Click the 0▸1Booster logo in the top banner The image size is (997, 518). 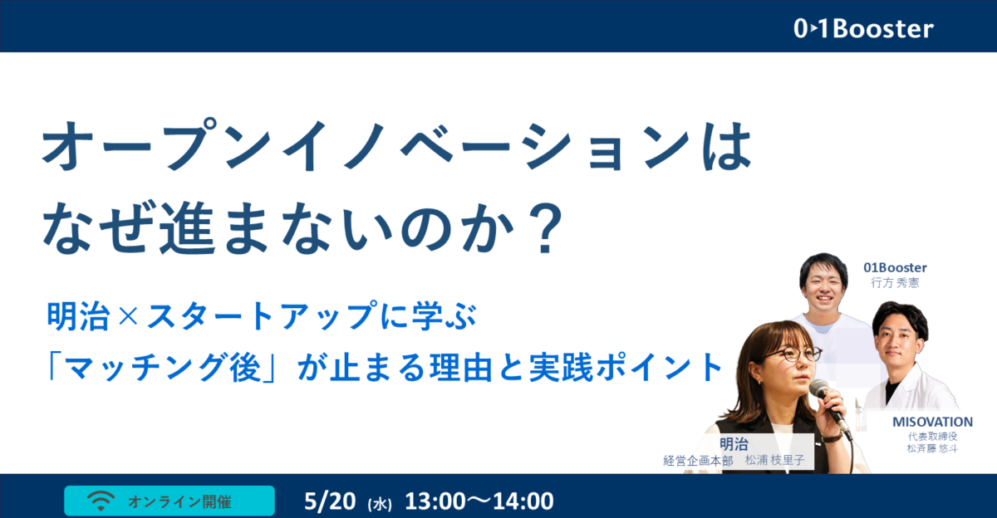pos(863,29)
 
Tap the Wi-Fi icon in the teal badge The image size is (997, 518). pos(101,501)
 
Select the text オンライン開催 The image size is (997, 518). pos(179,501)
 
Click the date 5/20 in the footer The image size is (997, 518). pos(330,501)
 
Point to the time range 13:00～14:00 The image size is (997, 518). pos(479,501)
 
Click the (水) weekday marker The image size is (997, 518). pos(380,505)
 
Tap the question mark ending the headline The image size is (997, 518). pos(545,227)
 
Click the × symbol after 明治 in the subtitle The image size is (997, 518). pos(129,316)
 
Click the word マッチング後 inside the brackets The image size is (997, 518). pos(163,368)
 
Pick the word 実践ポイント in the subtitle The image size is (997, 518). pos(626,367)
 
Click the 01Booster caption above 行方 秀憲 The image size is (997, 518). pos(895,267)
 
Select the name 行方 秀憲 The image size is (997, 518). pos(895,283)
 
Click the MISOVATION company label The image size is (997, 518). pos(932,422)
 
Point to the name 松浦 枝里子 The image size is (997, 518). pos(774,460)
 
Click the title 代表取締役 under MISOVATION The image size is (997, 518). pos(932,437)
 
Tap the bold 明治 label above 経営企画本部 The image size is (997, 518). pos(734,444)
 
